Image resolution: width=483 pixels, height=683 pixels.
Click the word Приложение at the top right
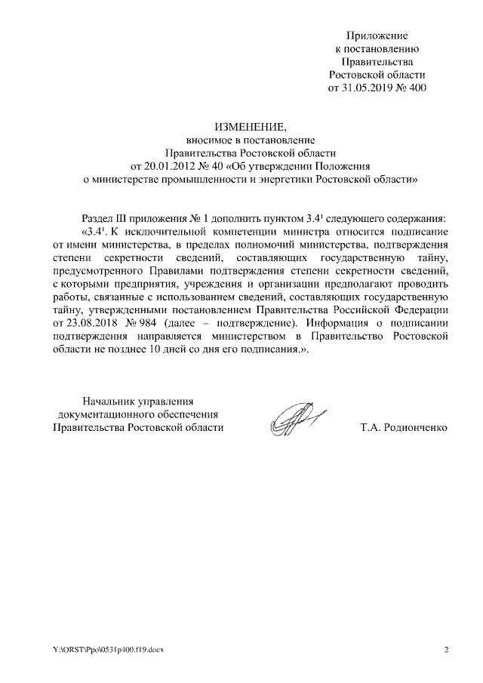click(377, 35)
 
